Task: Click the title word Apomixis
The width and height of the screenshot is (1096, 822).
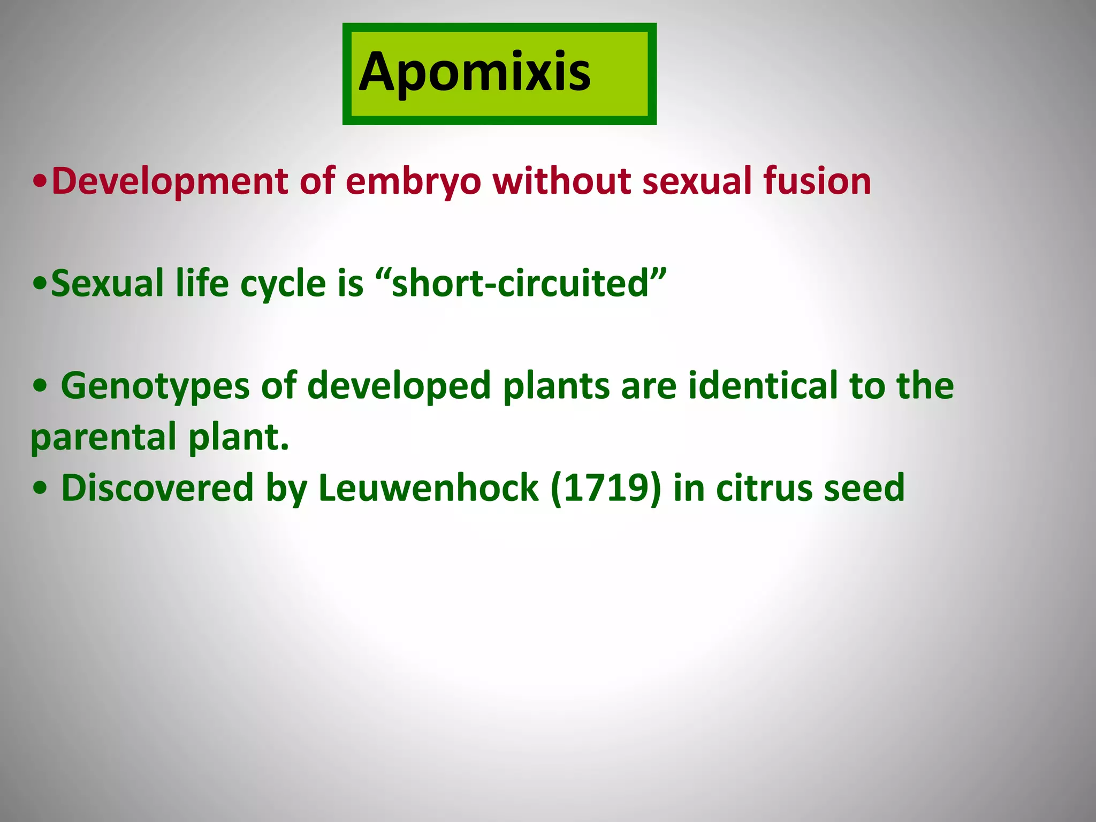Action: pos(475,72)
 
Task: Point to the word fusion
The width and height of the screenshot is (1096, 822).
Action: pos(817,181)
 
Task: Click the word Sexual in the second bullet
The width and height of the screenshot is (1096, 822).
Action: pos(107,283)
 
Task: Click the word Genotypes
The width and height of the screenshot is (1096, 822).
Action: pos(155,386)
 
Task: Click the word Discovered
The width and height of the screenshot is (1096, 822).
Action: pos(157,488)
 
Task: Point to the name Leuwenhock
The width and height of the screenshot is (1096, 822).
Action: pos(428,488)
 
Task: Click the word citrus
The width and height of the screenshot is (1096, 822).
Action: pos(763,488)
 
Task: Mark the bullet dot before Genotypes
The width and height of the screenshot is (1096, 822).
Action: pos(40,386)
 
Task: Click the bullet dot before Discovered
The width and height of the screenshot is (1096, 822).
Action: pos(40,489)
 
